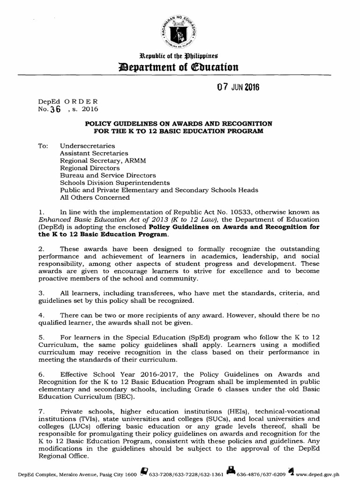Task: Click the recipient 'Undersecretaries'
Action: click(85, 146)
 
